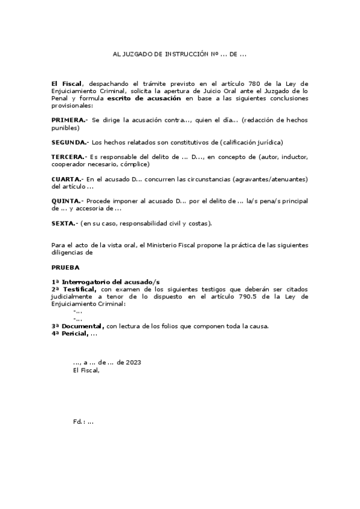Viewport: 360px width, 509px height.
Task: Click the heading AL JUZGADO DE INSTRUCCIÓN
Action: (180, 53)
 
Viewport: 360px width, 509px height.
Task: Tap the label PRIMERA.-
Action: (70, 120)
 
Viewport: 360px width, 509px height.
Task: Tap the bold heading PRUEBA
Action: (65, 267)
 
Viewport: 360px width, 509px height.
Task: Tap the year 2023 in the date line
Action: (134, 363)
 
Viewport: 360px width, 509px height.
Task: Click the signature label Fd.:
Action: (79, 421)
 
